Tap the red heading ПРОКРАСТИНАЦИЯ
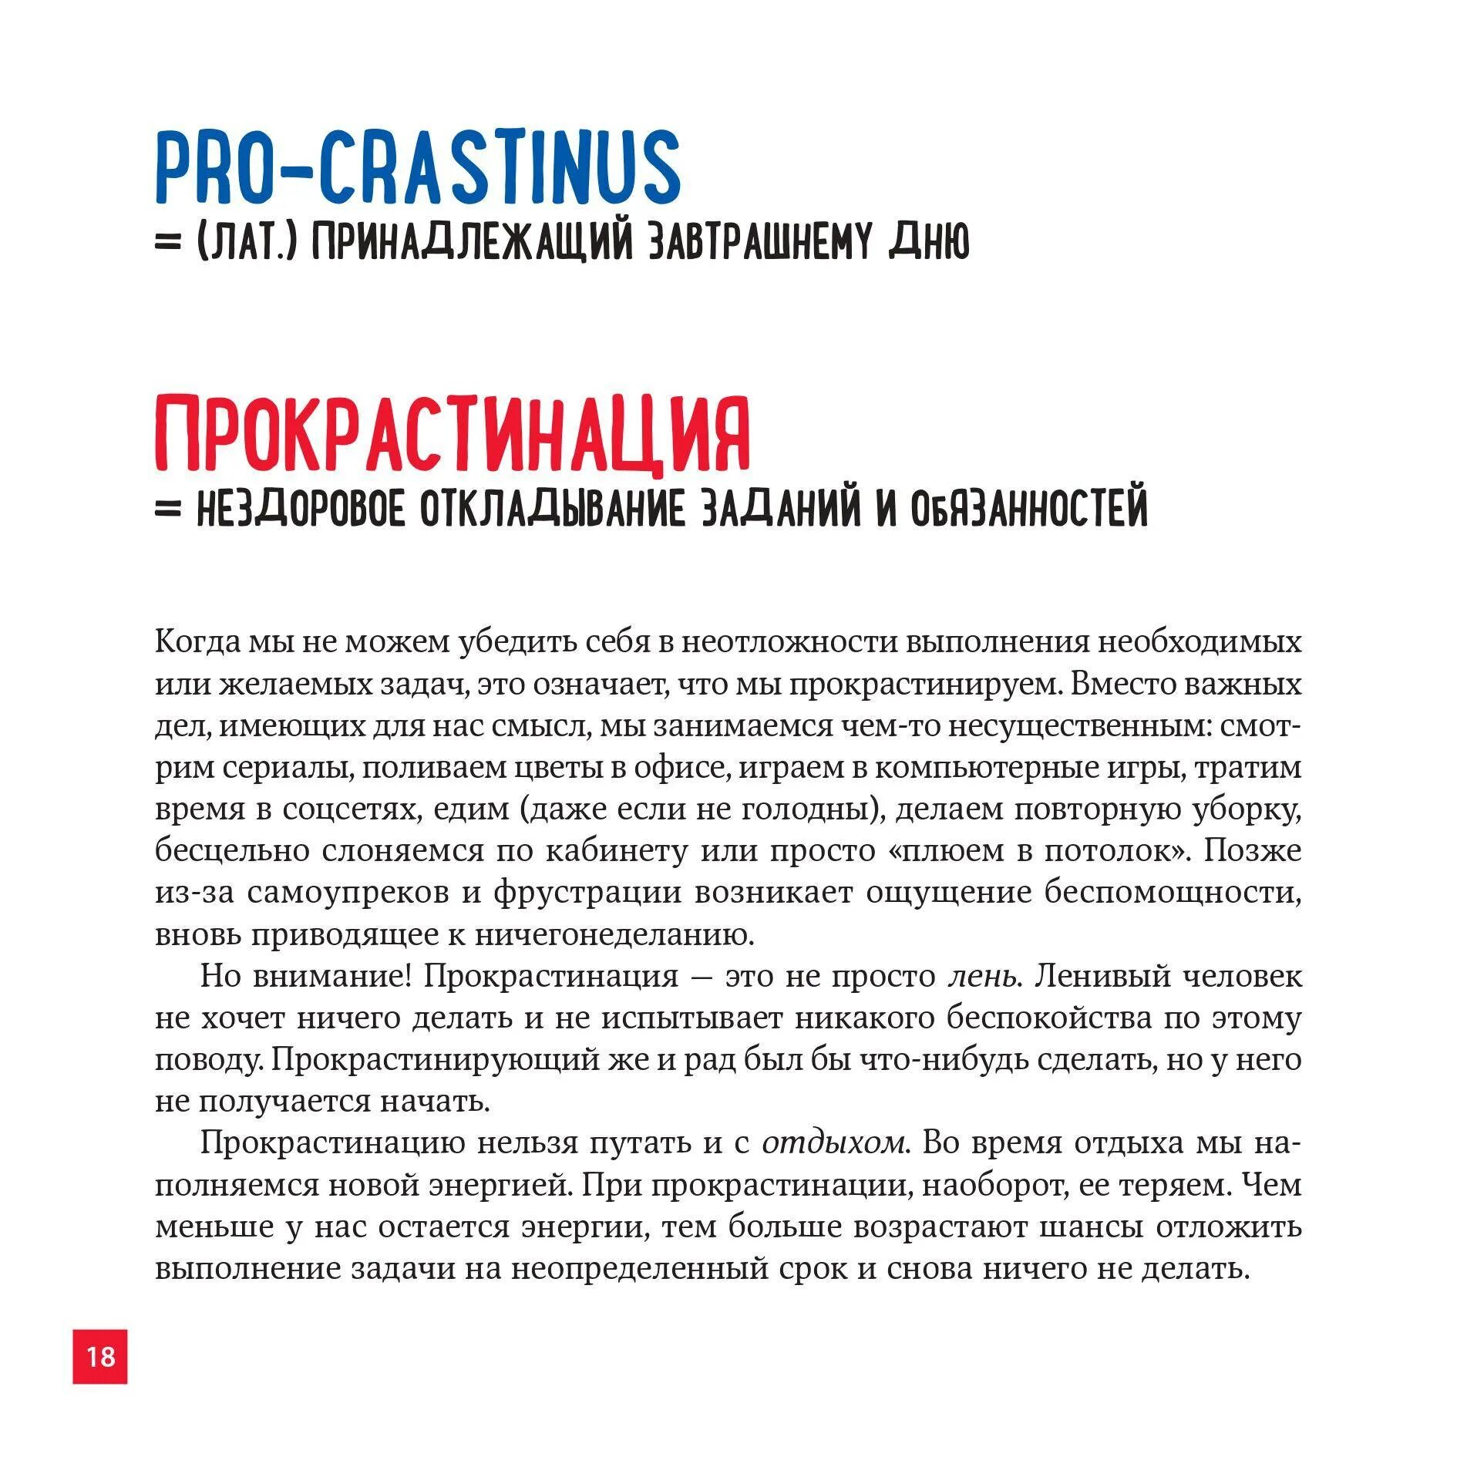point(453,435)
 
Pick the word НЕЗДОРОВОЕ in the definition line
point(301,510)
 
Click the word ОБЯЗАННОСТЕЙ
point(1029,510)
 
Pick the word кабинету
point(617,851)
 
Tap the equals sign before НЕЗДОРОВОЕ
point(167,510)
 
